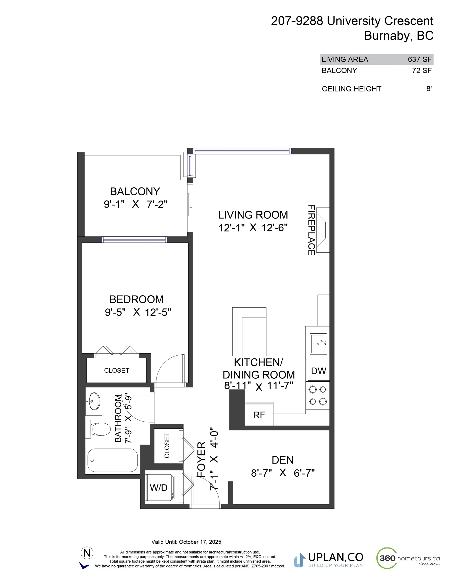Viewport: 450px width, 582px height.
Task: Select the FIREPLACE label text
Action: pyautogui.click(x=311, y=230)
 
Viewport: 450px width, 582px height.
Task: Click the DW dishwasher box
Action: pyautogui.click(x=318, y=371)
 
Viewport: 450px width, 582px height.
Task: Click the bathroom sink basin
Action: pyautogui.click(x=95, y=401)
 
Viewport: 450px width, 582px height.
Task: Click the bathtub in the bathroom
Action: pyautogui.click(x=112, y=460)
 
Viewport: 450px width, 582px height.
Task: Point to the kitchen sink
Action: pyautogui.click(x=318, y=344)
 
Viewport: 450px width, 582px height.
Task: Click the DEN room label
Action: pyautogui.click(x=282, y=460)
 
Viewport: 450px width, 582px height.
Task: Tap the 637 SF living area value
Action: pyautogui.click(x=420, y=59)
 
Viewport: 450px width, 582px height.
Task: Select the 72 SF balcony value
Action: pyautogui.click(x=422, y=71)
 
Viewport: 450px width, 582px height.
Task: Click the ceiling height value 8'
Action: pyautogui.click(x=429, y=89)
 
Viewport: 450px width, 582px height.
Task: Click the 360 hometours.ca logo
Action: pyautogui.click(x=408, y=558)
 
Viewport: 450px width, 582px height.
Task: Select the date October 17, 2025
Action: pyautogui.click(x=200, y=542)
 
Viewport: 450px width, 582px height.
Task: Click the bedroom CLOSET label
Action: pyautogui.click(x=117, y=370)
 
